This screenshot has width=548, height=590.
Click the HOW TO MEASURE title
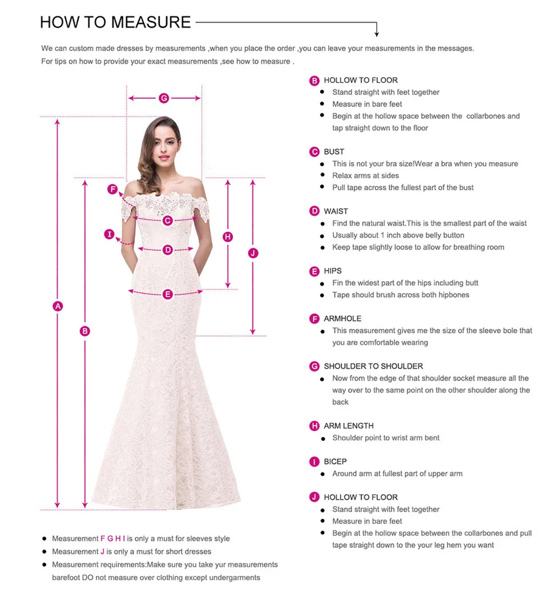115,22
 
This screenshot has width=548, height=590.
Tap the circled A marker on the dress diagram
57,306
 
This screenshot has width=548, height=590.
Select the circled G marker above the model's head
164,98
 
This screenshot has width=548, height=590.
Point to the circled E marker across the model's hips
167,294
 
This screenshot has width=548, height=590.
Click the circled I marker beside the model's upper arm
110,234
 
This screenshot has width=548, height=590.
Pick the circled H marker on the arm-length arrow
228,236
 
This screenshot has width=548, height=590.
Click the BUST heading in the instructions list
334,152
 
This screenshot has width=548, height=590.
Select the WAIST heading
336,211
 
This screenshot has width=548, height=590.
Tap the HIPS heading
333,271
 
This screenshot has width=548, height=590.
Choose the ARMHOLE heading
342,319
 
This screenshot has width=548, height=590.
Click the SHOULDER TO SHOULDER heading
373,366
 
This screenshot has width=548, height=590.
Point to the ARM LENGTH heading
348,426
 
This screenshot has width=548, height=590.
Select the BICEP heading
335,461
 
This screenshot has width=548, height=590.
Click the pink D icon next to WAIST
315,211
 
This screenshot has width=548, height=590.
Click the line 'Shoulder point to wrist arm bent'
386,438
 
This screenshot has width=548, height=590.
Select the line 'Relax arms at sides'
365,176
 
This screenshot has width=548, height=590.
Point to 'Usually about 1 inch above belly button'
398,235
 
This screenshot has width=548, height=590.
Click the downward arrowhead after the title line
377,34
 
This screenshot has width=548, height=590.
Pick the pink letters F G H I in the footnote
112,539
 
